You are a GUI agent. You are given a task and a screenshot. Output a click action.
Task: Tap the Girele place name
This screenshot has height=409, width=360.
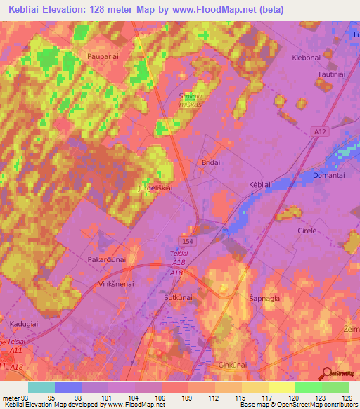click(x=308, y=231)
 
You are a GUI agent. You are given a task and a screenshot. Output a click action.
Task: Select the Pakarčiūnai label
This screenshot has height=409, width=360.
click(x=106, y=259)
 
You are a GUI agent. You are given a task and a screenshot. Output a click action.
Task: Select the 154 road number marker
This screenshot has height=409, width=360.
click(x=200, y=240)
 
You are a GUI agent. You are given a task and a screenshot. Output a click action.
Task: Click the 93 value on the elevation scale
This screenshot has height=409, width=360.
click(x=25, y=396)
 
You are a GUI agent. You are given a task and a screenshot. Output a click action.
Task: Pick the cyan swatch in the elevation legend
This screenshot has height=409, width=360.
click(x=41, y=387)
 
